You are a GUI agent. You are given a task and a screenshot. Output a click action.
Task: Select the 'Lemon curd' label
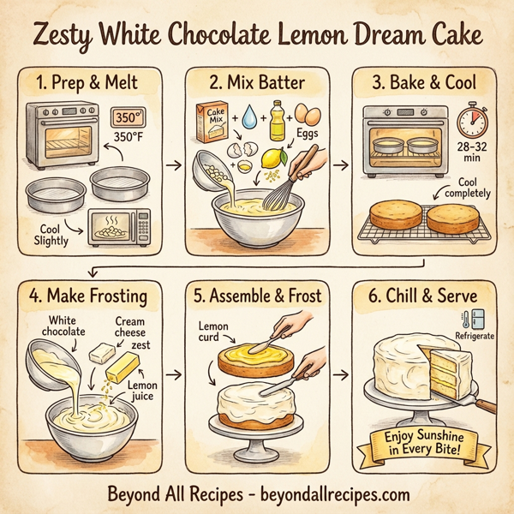(213, 332)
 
